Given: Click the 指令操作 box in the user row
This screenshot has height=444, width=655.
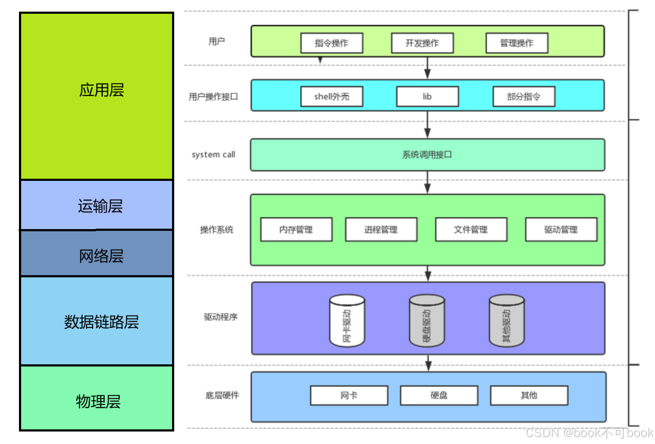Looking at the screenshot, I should pyautogui.click(x=332, y=43).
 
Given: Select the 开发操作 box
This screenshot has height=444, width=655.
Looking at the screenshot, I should pyautogui.click(x=422, y=43).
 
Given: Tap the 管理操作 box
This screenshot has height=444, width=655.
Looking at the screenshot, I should pyautogui.click(x=517, y=43).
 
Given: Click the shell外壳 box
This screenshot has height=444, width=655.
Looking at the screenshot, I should pyautogui.click(x=332, y=96).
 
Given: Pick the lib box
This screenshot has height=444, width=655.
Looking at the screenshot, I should pyautogui.click(x=427, y=96).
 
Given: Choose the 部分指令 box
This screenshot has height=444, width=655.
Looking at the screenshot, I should pyautogui.click(x=523, y=96).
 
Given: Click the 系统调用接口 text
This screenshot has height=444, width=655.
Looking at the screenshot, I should pyautogui.click(x=427, y=155).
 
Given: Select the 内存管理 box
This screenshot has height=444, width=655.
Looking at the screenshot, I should pyautogui.click(x=296, y=230).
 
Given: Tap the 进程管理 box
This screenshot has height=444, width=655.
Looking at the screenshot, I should pyautogui.click(x=381, y=230).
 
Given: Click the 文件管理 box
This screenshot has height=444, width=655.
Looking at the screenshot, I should pyautogui.click(x=471, y=230).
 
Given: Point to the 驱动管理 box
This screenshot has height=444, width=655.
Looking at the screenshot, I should pyautogui.click(x=561, y=230).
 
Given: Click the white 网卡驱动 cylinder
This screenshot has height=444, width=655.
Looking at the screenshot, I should pyautogui.click(x=347, y=321).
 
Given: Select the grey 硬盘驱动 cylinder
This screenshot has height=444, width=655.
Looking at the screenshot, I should pyautogui.click(x=427, y=321).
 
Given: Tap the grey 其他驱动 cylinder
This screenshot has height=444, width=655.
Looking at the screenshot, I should pyautogui.click(x=507, y=321).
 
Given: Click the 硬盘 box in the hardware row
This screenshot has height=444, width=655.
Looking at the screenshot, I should pyautogui.click(x=439, y=395).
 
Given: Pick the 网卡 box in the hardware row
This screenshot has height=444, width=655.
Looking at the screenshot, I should pyautogui.click(x=349, y=395).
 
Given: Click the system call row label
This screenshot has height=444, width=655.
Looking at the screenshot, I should pyautogui.click(x=213, y=155).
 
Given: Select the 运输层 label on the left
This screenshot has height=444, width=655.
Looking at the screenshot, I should pyautogui.click(x=100, y=206).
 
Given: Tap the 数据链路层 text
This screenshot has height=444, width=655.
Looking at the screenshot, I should pyautogui.click(x=101, y=322).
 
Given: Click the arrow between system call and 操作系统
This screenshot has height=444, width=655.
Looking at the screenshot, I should pyautogui.click(x=427, y=183).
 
